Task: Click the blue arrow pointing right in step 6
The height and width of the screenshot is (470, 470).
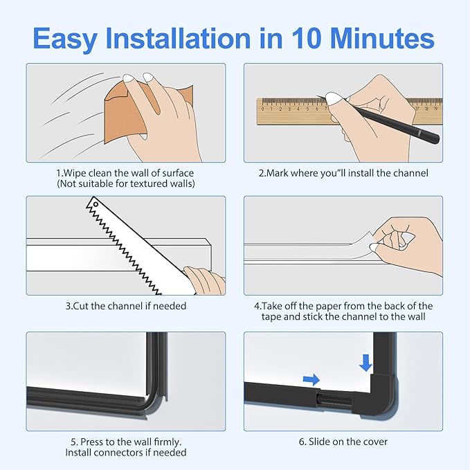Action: click(x=311, y=379)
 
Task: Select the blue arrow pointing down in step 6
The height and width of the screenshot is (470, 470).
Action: click(x=366, y=362)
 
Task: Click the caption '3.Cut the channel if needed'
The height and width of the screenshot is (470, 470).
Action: click(x=125, y=305)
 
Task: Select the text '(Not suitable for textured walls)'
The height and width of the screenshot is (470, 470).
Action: click(x=125, y=183)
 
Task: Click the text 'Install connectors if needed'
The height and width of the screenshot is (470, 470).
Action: click(x=125, y=453)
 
